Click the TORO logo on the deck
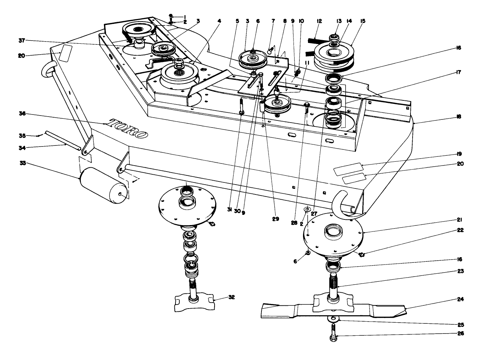[128, 129]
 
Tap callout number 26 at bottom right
[461, 333]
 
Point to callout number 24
[461, 299]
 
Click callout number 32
[231, 297]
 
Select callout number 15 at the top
[363, 21]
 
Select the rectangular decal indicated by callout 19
[347, 169]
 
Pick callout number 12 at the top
[319, 21]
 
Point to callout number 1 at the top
[185, 17]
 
